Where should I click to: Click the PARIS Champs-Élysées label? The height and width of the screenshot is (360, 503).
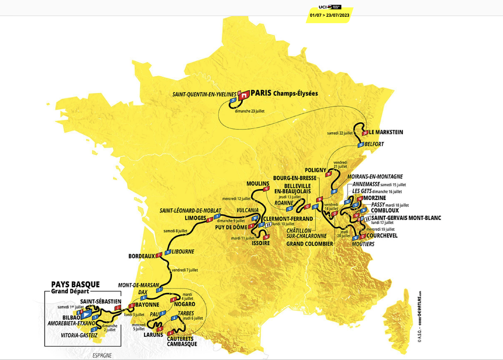tap(284, 93)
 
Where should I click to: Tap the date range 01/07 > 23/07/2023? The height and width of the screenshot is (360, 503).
tap(329, 15)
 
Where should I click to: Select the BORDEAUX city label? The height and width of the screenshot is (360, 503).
tap(142, 256)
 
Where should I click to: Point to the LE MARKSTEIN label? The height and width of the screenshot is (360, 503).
tap(386, 132)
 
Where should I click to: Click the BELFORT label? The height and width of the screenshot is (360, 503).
tap(374, 144)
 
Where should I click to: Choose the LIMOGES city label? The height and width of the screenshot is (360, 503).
tap(195, 218)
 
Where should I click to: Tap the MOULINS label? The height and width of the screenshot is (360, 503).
tap(258, 184)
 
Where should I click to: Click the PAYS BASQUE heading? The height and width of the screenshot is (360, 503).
tap(75, 284)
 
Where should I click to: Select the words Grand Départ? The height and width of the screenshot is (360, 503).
tap(70, 291)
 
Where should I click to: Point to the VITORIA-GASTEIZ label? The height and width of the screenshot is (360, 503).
tap(79, 335)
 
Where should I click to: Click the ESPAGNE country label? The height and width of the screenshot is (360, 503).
tap(102, 355)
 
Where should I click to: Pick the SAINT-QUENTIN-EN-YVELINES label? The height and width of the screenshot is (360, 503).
tap(204, 94)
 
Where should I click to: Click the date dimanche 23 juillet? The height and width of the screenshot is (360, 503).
tap(250, 111)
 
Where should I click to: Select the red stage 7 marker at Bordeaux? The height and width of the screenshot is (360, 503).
tap(158, 255)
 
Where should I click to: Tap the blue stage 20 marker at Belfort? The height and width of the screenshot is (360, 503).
tap(361, 145)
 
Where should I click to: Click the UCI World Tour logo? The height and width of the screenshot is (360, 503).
tap(329, 7)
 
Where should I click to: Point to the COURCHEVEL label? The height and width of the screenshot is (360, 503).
tap(382, 236)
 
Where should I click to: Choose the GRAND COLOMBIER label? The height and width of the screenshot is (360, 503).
tap(309, 244)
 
